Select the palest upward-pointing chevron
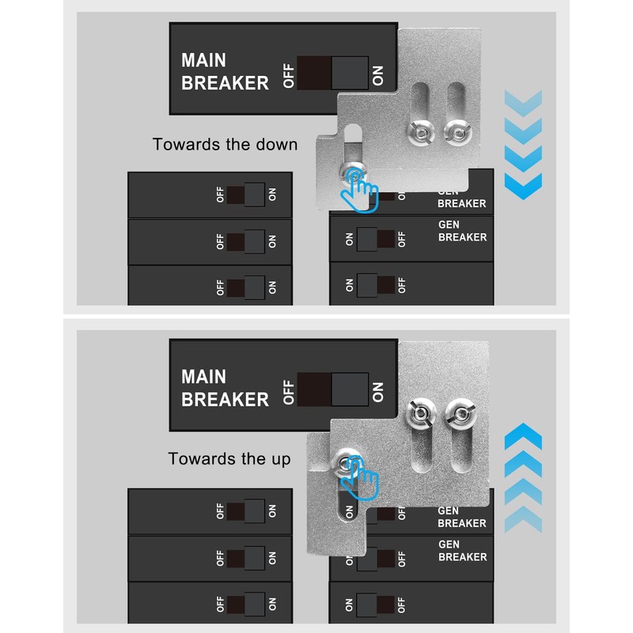[x=523, y=520]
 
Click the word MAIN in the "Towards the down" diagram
[x=203, y=61]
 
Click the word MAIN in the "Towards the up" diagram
[x=203, y=377]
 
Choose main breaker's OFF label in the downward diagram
[x=289, y=74]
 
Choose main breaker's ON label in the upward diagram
[x=377, y=390]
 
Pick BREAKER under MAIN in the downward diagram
[x=225, y=83]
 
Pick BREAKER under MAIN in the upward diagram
[x=225, y=400]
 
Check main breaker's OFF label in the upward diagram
[x=289, y=391]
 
